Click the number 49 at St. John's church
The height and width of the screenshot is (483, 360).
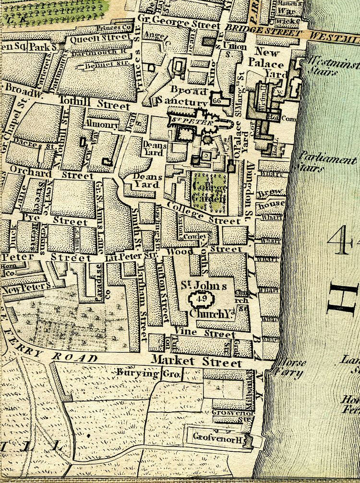click(x=201, y=299)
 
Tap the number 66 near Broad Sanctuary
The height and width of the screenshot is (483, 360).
click(x=215, y=101)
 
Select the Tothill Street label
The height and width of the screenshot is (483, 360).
click(x=94, y=102)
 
